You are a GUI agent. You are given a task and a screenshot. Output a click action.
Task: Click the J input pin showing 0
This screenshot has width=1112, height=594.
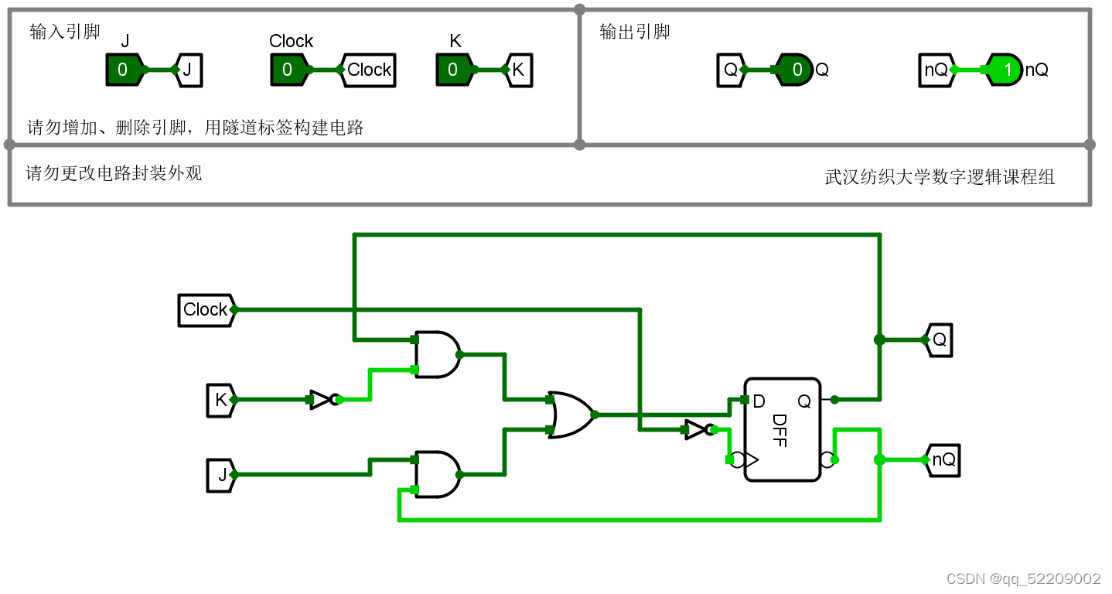123,70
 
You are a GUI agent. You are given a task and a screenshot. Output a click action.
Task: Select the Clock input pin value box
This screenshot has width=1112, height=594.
288,70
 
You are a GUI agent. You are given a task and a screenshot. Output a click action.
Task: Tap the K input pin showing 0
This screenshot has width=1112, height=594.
453,70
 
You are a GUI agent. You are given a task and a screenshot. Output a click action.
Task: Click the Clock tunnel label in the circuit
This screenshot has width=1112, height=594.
205,309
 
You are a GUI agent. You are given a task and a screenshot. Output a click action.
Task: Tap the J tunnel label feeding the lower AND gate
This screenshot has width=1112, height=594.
220,475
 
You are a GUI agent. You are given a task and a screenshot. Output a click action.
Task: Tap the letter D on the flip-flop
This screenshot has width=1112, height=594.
759,401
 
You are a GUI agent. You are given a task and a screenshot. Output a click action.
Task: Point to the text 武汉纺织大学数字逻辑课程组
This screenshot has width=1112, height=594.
940,177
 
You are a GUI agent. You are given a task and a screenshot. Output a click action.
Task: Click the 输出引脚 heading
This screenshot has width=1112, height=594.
634,32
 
